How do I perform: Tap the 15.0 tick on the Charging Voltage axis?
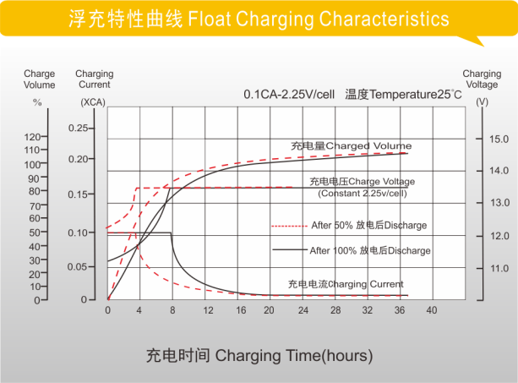click(x=499, y=139)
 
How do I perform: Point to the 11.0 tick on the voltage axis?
click(x=499, y=268)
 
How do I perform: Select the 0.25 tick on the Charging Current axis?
click(x=78, y=128)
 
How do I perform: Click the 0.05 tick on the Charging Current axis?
click(x=78, y=266)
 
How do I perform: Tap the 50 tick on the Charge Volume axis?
click(x=35, y=232)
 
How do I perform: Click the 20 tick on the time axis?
click(x=269, y=311)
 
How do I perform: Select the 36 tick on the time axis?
click(x=398, y=311)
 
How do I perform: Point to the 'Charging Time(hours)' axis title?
click(x=259, y=355)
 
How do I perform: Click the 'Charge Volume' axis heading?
click(x=39, y=79)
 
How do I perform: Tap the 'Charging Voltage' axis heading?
click(x=482, y=79)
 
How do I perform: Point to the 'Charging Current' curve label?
click(x=346, y=284)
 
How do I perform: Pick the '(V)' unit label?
click(x=482, y=101)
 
